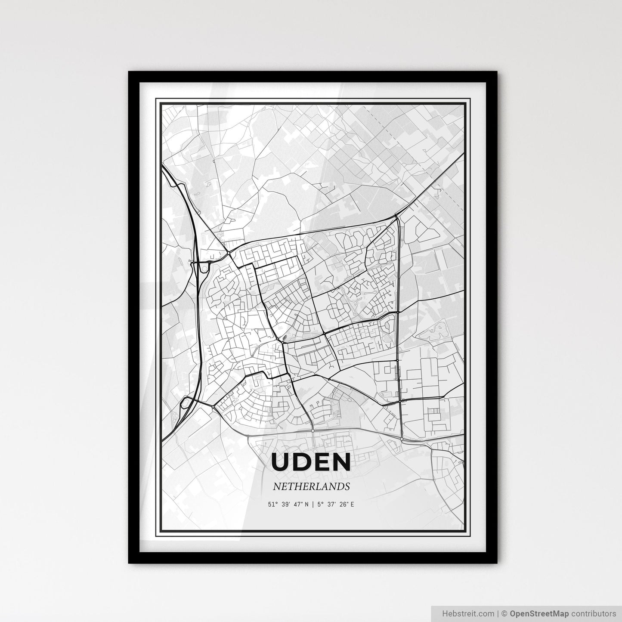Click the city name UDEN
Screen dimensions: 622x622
(311, 462)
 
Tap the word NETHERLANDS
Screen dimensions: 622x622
(310, 487)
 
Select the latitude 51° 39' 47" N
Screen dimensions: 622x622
(288, 504)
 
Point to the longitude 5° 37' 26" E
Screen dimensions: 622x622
(335, 504)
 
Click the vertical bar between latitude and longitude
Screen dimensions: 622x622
(313, 504)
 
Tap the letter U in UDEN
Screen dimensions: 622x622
(281, 462)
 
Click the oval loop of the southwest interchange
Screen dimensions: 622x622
(186, 403)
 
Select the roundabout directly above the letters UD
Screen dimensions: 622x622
(313, 430)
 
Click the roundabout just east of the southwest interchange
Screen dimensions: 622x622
(214, 405)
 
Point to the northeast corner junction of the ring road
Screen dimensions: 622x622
(397, 216)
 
